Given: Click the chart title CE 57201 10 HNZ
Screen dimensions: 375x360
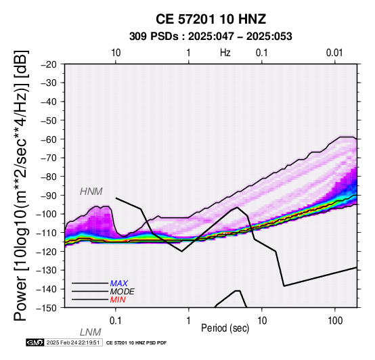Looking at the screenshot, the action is pos(211,19).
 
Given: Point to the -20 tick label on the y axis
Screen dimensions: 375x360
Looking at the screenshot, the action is pos(49,64).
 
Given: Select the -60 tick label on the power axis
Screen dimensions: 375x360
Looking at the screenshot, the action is pos(49,139).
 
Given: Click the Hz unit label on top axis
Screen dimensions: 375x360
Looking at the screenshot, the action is pos(225,53).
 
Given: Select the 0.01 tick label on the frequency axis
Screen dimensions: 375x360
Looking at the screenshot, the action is pos(334,53).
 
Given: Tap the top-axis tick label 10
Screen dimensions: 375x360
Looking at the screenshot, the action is pos(116,53).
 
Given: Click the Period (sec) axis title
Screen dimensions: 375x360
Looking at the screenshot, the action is pos(225,328).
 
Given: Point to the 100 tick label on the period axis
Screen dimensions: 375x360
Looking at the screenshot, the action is pos(335,321).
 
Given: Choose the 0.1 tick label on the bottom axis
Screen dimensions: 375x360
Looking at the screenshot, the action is pos(115,321).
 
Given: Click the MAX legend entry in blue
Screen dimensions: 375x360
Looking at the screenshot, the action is pos(119,284).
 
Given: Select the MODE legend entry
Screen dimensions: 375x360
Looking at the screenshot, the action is pos(123,292).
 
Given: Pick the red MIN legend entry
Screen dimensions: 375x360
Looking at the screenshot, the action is pos(118,300).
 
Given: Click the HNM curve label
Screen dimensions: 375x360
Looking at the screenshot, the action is pos(91,192).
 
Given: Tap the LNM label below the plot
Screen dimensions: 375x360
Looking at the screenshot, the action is pos(91,332).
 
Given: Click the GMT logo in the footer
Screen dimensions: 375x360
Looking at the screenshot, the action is pos(35,342).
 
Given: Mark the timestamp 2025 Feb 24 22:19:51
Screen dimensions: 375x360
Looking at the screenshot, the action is pos(73,342).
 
